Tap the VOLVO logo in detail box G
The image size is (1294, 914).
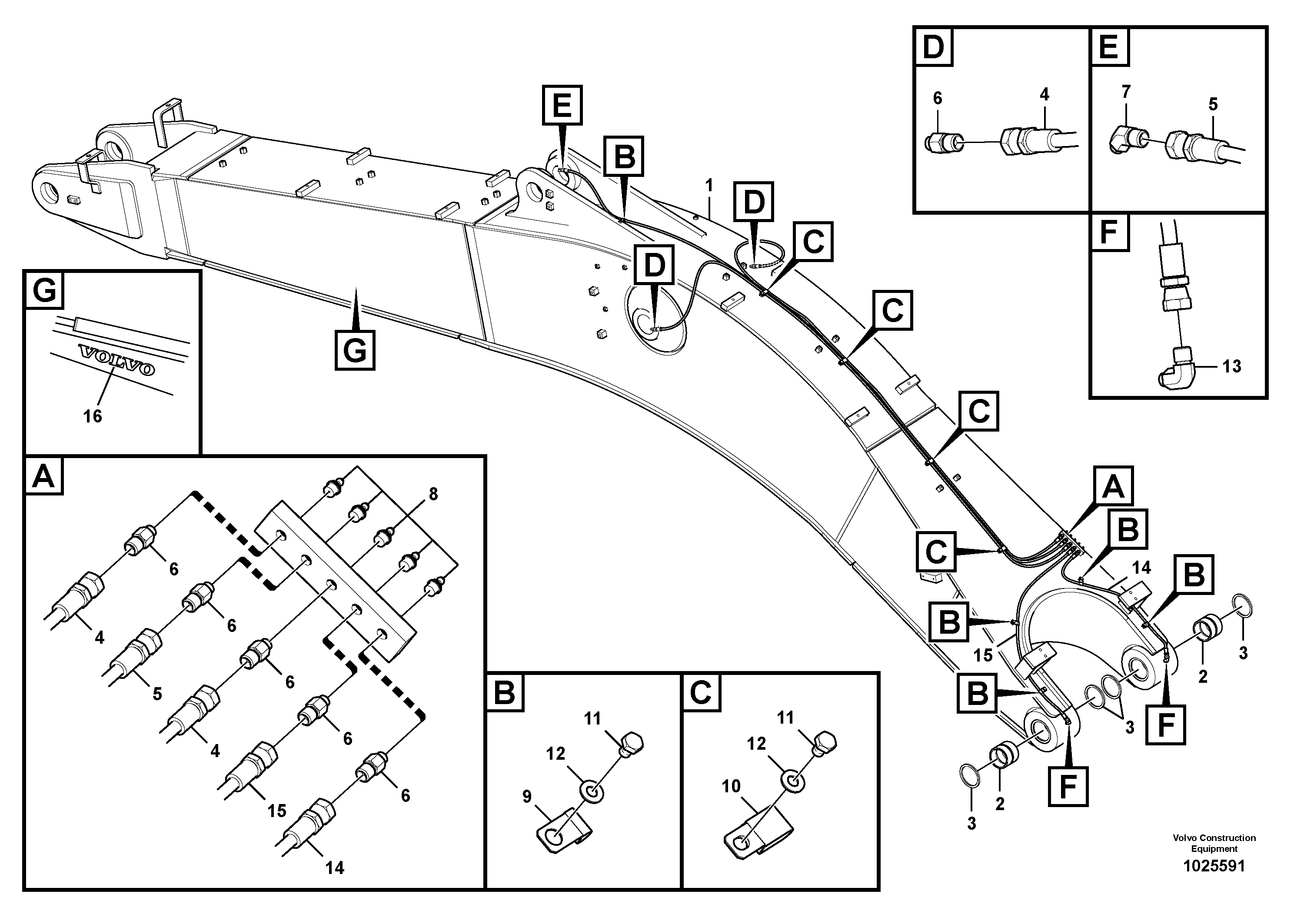(x=116, y=361)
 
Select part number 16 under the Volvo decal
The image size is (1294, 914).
(x=93, y=416)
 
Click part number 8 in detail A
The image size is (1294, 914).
(x=433, y=494)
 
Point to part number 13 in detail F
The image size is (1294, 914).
(x=1231, y=366)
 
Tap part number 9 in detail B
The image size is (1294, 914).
(x=526, y=796)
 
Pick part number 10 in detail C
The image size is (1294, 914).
(x=731, y=786)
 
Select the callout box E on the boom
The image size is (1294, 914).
(x=562, y=105)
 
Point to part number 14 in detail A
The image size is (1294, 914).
(x=334, y=868)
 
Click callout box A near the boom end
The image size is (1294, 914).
(x=1113, y=486)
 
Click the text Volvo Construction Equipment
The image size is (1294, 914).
(x=1214, y=843)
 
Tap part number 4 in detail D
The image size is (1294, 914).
(x=1044, y=95)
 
